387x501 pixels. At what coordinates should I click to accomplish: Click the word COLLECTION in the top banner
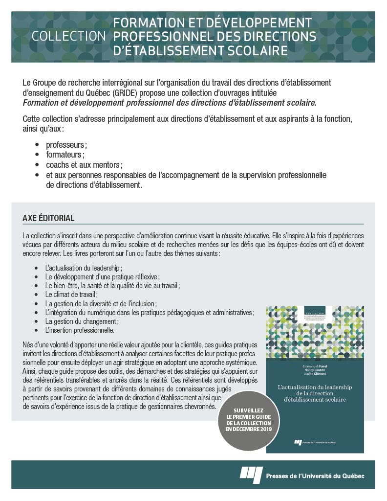[x=68, y=37]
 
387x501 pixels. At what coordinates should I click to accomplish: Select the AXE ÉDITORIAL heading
[x=48, y=217]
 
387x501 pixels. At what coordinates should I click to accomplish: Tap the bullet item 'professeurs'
[x=66, y=145]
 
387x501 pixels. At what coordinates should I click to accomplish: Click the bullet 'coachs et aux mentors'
[x=84, y=165]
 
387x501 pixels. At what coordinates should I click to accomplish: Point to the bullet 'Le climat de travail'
[x=71, y=295]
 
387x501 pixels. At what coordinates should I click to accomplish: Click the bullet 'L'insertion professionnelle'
[x=80, y=330]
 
